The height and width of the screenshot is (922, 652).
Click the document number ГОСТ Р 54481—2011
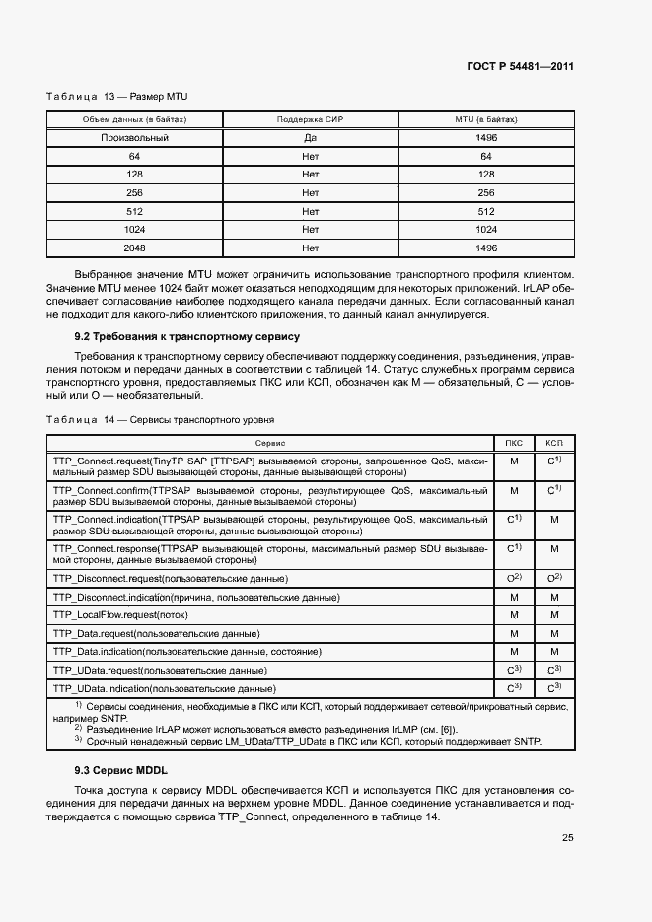520,66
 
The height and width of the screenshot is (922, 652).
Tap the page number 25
567,838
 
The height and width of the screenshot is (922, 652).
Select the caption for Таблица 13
117,97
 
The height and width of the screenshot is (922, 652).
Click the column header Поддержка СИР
310,119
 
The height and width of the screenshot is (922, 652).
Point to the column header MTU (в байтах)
485,119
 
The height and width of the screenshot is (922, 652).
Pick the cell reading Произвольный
135,138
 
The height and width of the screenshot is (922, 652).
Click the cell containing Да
310,138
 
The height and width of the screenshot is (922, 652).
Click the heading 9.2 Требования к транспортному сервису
181,336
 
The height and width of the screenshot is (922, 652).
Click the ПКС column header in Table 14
514,444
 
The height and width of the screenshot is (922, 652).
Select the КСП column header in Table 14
554,444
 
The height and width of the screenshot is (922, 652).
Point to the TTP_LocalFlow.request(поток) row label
119,614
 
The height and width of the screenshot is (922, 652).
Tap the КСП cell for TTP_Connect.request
554,461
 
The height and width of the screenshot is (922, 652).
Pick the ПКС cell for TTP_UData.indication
514,687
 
